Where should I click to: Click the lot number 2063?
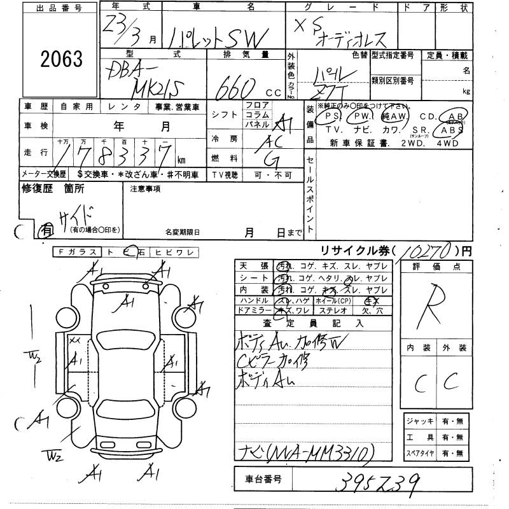62,59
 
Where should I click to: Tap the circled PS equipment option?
331,117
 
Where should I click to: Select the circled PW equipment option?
362,117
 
